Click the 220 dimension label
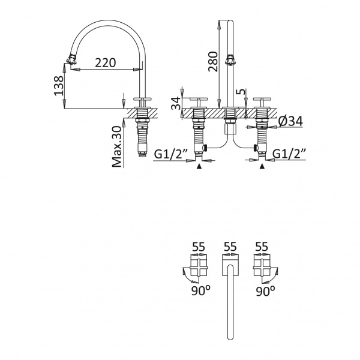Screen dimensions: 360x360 click(x=106, y=62)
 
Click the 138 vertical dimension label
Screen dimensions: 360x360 click(x=59, y=85)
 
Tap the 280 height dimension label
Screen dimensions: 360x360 click(x=213, y=61)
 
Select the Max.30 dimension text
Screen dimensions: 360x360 click(x=117, y=146)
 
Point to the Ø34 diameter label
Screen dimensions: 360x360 click(x=290, y=121)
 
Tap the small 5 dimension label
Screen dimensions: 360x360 click(x=241, y=92)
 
